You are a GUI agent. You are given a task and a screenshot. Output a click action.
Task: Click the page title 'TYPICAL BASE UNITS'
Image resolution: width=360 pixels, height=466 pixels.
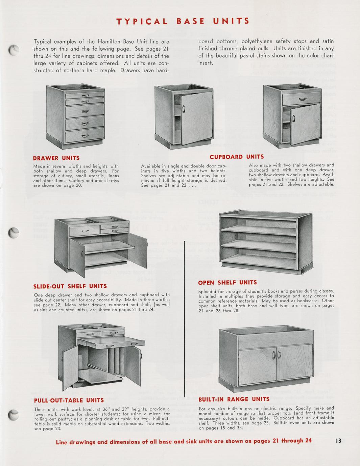tap(183, 21)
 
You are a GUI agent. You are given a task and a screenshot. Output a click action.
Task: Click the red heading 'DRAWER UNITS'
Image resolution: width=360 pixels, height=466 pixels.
tap(56, 158)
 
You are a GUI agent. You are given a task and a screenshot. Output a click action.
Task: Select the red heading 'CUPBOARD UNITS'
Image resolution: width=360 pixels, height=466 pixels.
tap(237, 157)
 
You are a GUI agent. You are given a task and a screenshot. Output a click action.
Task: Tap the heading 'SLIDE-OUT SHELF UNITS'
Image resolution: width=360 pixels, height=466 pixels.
tap(70, 286)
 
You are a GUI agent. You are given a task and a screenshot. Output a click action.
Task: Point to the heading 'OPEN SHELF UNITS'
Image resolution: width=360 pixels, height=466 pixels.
tap(227, 283)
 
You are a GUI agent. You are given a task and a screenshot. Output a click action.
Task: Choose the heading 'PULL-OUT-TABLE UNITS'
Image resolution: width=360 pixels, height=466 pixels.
tap(69, 400)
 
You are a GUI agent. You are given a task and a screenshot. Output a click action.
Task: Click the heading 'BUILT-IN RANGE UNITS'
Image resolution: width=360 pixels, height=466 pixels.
tap(234, 399)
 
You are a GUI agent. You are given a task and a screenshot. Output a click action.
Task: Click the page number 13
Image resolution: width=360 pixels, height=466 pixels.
tap(338, 441)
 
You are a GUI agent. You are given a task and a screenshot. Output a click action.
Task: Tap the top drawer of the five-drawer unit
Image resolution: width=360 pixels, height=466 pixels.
tap(85, 94)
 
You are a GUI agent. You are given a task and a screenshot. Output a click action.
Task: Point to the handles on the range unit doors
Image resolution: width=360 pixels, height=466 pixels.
tap(276, 354)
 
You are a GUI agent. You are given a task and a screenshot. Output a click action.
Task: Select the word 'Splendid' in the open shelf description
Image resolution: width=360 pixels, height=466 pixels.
tap(207, 291)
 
